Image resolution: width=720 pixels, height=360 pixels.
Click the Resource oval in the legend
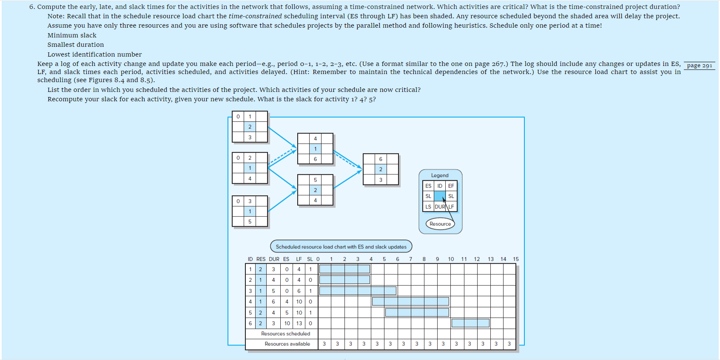pos(440,224)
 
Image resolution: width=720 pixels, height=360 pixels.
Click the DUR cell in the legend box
pos(440,207)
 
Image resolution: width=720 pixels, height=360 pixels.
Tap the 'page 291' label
pos(699,66)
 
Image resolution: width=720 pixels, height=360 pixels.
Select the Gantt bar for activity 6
pos(470,323)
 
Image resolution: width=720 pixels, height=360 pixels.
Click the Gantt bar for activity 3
pos(358,291)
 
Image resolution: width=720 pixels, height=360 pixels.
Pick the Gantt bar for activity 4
pos(410,301)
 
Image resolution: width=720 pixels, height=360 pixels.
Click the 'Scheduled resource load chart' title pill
pos(341,247)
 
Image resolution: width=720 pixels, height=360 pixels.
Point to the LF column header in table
pos(299,259)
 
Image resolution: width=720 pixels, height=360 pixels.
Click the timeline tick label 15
pos(515,259)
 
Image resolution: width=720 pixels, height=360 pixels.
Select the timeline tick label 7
pos(410,259)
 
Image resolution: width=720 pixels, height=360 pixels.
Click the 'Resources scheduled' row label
pos(285,334)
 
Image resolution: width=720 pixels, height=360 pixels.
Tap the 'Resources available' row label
pos(287,344)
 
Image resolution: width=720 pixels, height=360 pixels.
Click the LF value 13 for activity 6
pos(299,323)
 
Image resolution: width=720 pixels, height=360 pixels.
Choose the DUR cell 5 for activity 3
pos(273,291)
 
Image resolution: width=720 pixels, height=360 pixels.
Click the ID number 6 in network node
pos(381,159)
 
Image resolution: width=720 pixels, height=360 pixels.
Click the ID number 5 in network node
pos(315,180)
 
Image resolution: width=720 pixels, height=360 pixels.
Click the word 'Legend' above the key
pos(440,175)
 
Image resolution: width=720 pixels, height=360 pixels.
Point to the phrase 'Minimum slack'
pos(72,35)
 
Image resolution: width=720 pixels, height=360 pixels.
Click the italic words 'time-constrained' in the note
pos(255,16)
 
